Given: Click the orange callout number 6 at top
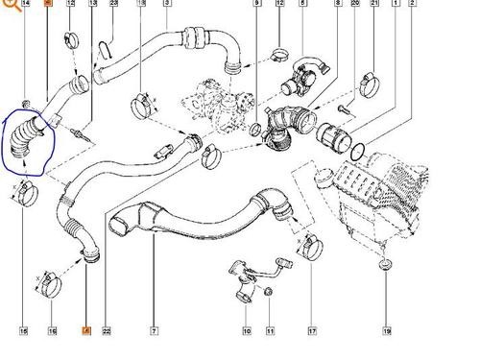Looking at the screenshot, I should click(x=47, y=5).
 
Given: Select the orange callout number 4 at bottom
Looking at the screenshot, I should click(x=85, y=331).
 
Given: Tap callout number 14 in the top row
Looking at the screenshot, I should click(x=25, y=5).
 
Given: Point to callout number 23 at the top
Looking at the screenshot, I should click(x=114, y=5).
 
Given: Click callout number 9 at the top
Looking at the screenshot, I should click(x=256, y=5).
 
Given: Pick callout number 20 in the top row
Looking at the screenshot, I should click(x=355, y=5).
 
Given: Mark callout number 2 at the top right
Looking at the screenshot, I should click(x=413, y=5).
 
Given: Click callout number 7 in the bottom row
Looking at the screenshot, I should click(x=153, y=331).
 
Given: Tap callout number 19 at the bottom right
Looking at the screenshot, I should click(x=387, y=331).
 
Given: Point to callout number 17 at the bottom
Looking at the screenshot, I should click(x=312, y=331).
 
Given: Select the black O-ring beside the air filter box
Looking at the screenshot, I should click(x=356, y=151).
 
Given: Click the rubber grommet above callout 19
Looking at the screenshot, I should click(x=386, y=261).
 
